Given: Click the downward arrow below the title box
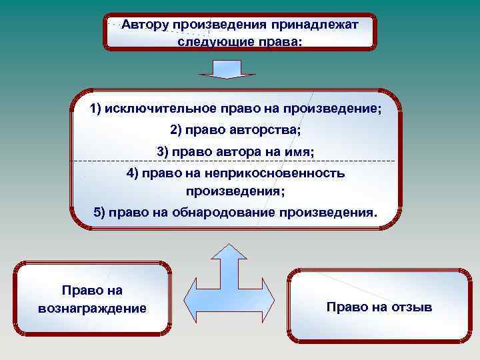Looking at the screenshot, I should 228,69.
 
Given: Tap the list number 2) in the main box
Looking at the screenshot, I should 177,129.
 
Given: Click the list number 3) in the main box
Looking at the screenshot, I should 163,151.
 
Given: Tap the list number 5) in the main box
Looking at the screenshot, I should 99,213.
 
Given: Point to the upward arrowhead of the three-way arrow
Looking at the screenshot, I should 227,251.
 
